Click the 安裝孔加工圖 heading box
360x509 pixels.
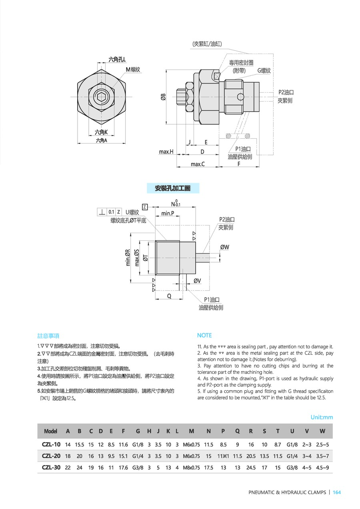click(172, 188)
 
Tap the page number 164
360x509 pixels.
click(337, 492)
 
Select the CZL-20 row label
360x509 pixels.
click(51, 456)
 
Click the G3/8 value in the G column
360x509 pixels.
click(138, 467)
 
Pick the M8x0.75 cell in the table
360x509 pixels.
click(192, 467)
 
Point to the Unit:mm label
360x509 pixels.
click(322, 417)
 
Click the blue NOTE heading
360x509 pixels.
click(204, 335)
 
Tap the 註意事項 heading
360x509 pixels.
click(48, 335)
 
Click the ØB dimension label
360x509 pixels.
click(163, 97)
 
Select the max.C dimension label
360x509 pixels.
click(198, 164)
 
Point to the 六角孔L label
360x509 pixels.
click(117, 60)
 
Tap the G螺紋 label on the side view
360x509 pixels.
click(264, 70)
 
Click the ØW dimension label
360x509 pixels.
click(225, 247)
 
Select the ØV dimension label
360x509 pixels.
click(197, 281)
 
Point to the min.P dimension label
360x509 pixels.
click(168, 213)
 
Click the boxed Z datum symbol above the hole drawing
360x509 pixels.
click(145, 207)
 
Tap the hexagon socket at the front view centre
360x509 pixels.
click(102, 96)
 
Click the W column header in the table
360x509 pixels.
click(322, 431)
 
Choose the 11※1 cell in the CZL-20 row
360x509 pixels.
click(223, 456)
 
